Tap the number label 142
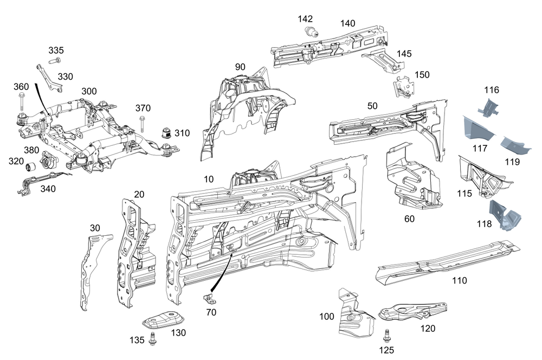tap(306, 18)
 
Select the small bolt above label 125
tap(387, 335)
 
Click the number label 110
tap(459, 280)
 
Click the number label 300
tap(89, 91)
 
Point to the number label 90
tap(240, 67)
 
